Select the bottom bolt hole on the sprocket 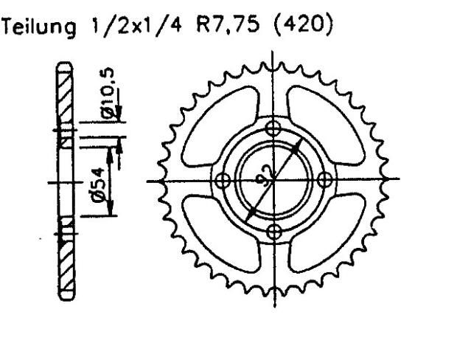click(273, 232)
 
